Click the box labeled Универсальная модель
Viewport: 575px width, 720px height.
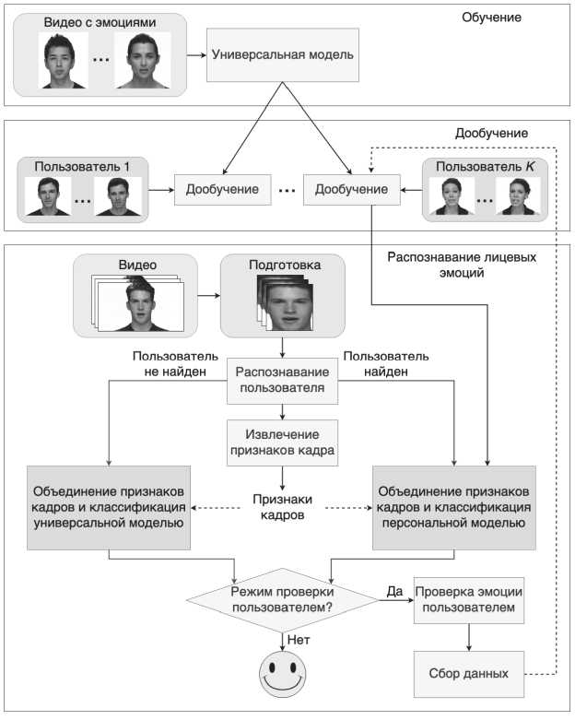tap(282, 54)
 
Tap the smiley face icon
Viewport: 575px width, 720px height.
tap(283, 674)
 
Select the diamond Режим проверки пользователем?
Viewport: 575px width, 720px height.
tap(282, 599)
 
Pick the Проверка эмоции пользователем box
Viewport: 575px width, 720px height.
tap(470, 599)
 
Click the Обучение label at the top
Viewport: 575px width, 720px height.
tap(491, 18)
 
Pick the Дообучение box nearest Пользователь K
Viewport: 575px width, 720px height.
tap(351, 190)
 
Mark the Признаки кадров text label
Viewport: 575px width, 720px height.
tap(282, 507)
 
